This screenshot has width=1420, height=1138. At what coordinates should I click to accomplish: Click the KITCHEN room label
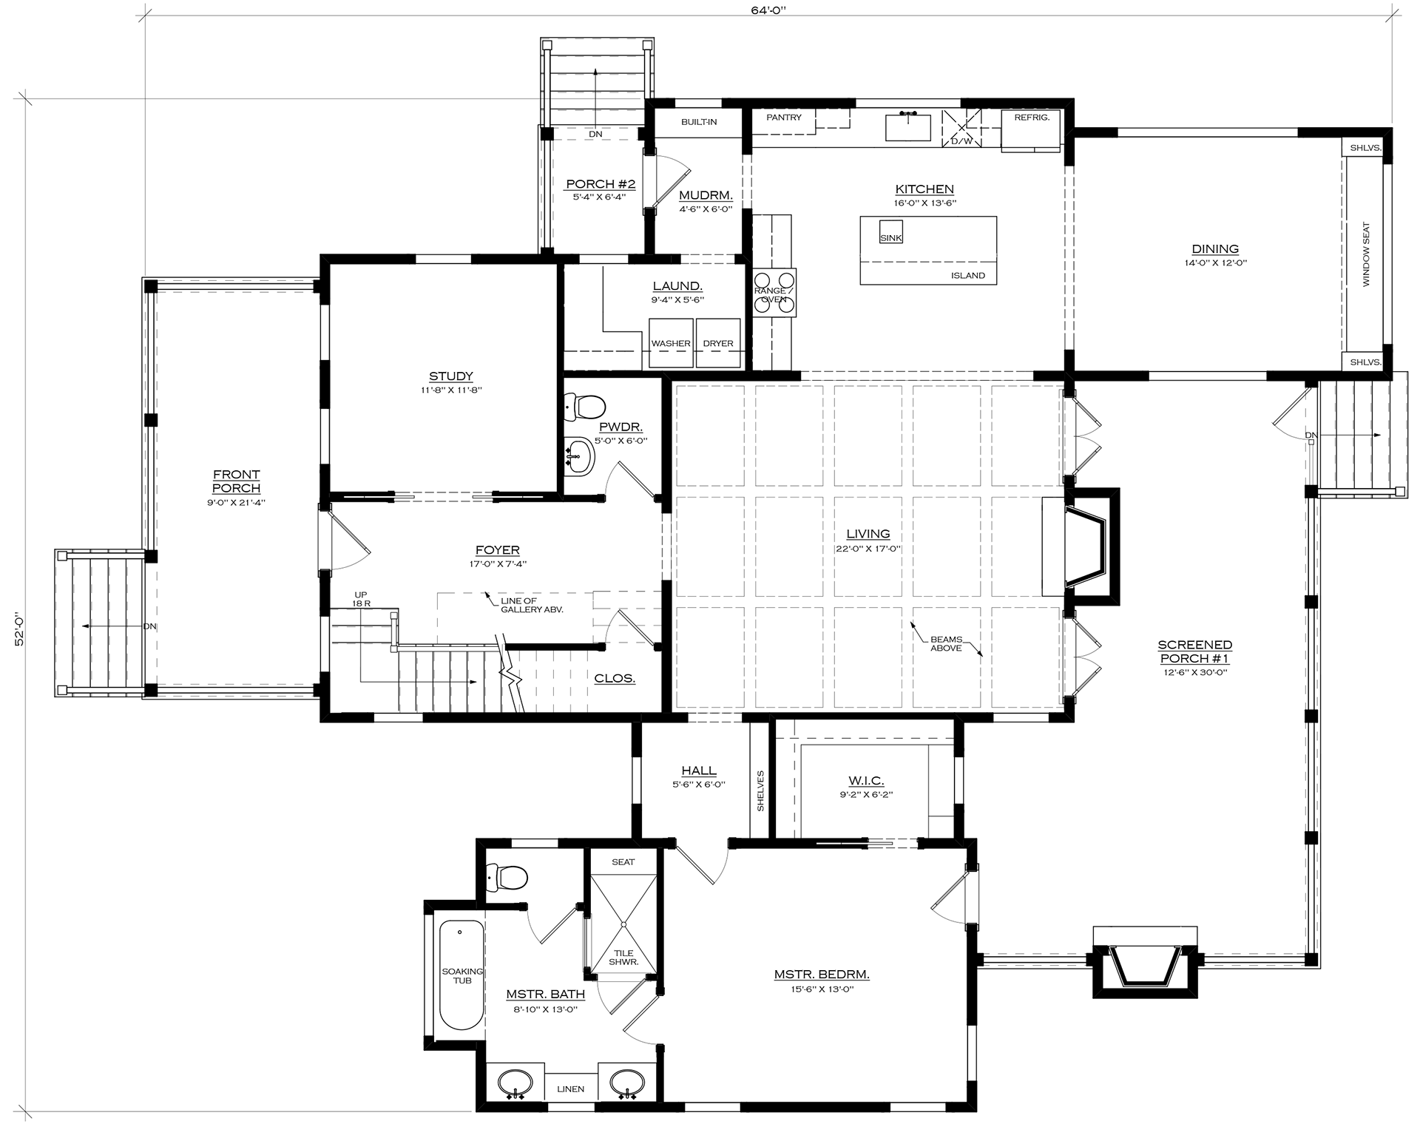click(x=924, y=189)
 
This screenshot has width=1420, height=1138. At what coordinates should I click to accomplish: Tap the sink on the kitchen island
click(x=890, y=232)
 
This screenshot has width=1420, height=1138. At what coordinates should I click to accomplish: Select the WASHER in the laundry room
click(x=671, y=342)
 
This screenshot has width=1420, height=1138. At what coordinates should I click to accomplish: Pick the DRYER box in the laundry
click(x=717, y=342)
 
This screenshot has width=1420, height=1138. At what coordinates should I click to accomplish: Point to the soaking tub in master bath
click(x=461, y=975)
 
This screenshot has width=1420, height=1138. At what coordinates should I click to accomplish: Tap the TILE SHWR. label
click(x=623, y=958)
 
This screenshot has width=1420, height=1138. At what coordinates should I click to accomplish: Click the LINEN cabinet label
click(x=570, y=1089)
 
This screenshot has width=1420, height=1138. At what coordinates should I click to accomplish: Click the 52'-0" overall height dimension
click(x=19, y=628)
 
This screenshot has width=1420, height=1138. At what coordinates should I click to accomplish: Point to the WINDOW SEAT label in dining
click(x=1366, y=254)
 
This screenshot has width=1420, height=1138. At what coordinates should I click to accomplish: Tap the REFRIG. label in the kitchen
click(x=1032, y=118)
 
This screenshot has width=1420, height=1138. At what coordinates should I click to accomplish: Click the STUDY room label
click(x=450, y=376)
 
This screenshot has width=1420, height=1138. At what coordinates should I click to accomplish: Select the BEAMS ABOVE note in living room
click(x=946, y=643)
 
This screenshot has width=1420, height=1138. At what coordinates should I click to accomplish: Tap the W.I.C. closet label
click(x=866, y=781)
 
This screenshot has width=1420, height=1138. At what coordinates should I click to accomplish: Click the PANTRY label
click(x=784, y=118)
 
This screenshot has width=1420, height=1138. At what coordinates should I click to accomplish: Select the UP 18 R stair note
click(x=361, y=599)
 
